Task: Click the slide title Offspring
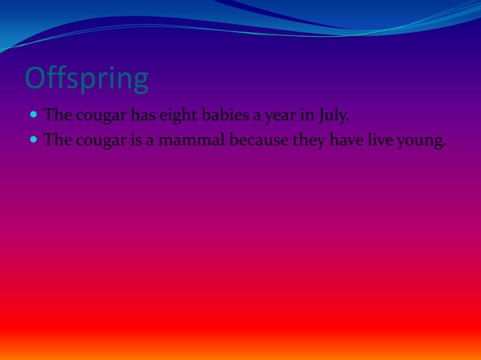87,79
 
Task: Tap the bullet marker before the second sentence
33,140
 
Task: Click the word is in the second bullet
135,140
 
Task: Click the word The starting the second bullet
58,140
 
